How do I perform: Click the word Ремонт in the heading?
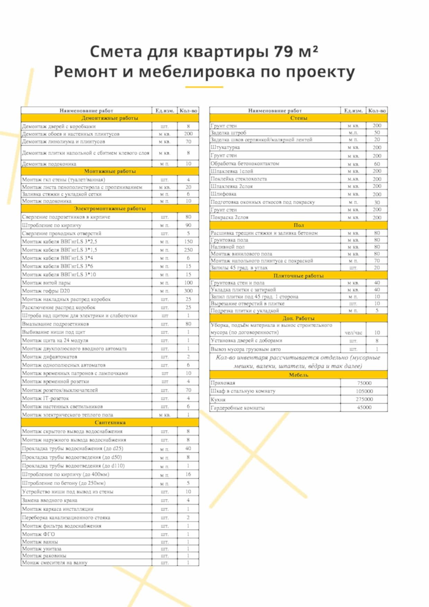[85, 72]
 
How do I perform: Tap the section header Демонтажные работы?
[110, 118]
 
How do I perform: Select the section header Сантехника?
[110, 422]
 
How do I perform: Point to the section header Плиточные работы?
[298, 276]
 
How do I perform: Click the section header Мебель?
[298, 375]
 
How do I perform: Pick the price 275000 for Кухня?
[364, 399]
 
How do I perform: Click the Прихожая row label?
[223, 383]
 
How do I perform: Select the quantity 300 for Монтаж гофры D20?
[188, 291]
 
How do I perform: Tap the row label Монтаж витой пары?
[46, 283]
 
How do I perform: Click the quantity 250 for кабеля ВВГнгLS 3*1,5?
[188, 250]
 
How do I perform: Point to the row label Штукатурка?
[225, 147]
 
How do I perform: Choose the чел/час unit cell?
[353, 333]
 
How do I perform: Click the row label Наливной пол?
[227, 247]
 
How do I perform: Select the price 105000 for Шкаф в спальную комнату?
[364, 391]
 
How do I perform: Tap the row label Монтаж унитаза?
[42, 549]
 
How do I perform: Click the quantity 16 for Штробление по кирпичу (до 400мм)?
[188, 474]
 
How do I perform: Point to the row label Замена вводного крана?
[50, 500]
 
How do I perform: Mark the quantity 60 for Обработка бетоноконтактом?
[377, 164]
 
